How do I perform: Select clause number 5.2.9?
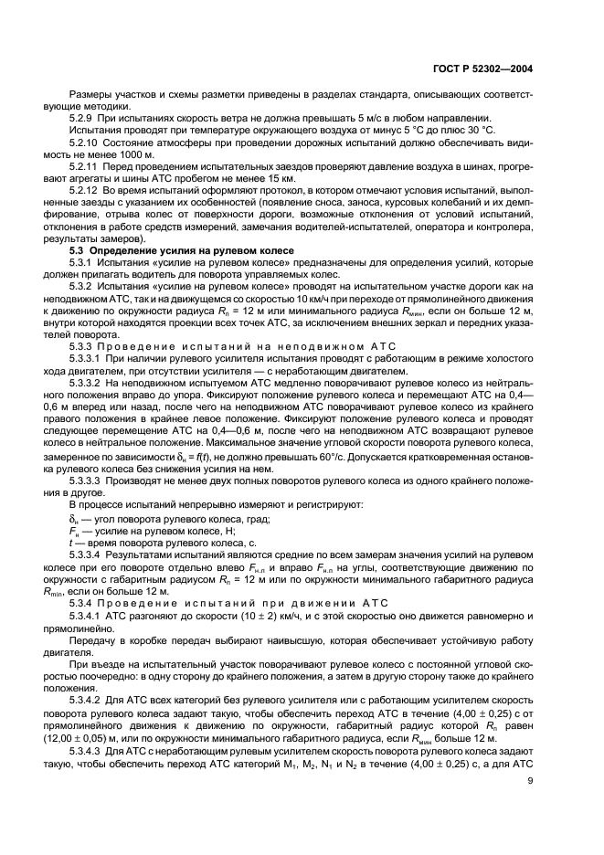(83, 119)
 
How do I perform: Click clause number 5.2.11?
(86, 169)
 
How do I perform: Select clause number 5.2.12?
(86, 193)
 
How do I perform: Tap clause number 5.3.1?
(82, 262)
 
